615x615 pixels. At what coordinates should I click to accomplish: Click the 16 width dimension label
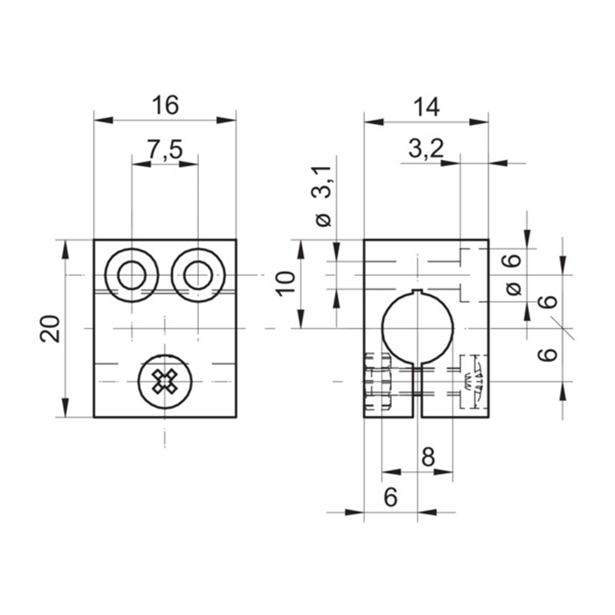pyautogui.click(x=165, y=105)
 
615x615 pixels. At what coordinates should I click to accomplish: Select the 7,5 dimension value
pyautogui.click(x=165, y=149)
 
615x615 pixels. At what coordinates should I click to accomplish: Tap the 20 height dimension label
pyautogui.click(x=50, y=329)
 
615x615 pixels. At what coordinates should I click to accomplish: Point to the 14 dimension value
pyautogui.click(x=427, y=107)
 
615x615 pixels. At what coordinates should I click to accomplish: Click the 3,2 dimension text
pyautogui.click(x=426, y=148)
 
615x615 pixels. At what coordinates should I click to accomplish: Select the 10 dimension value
pyautogui.click(x=285, y=284)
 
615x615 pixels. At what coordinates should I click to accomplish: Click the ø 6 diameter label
pyautogui.click(x=513, y=274)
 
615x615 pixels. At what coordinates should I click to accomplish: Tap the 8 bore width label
pyautogui.click(x=428, y=457)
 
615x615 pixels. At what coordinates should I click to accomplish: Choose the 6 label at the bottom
pyautogui.click(x=391, y=497)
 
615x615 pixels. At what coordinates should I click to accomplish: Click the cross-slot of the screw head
pyautogui.click(x=165, y=381)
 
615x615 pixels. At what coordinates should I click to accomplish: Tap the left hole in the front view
pyautogui.click(x=131, y=275)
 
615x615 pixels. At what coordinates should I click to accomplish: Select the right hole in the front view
pyautogui.click(x=198, y=275)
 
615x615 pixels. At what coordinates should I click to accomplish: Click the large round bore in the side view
pyautogui.click(x=417, y=328)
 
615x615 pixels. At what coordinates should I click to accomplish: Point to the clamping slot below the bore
pyautogui.click(x=417, y=391)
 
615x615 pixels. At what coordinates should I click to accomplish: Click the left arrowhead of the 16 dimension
pyautogui.click(x=104, y=120)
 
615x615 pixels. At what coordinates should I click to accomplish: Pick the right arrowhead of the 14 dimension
pyautogui.click(x=479, y=122)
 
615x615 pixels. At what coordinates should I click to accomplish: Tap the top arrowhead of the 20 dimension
pyautogui.click(x=65, y=249)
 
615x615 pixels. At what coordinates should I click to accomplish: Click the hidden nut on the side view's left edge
pyautogui.click(x=377, y=381)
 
